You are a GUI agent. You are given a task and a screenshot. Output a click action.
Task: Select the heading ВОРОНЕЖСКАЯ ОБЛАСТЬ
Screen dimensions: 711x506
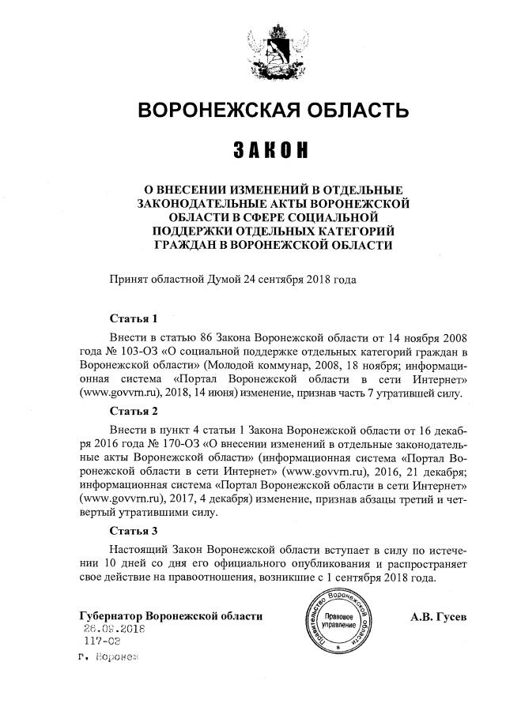[x=274, y=109]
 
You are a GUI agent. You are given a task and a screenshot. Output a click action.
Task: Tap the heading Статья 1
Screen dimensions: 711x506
[x=134, y=319]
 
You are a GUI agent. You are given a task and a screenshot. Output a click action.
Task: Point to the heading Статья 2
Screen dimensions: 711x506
[x=134, y=412]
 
